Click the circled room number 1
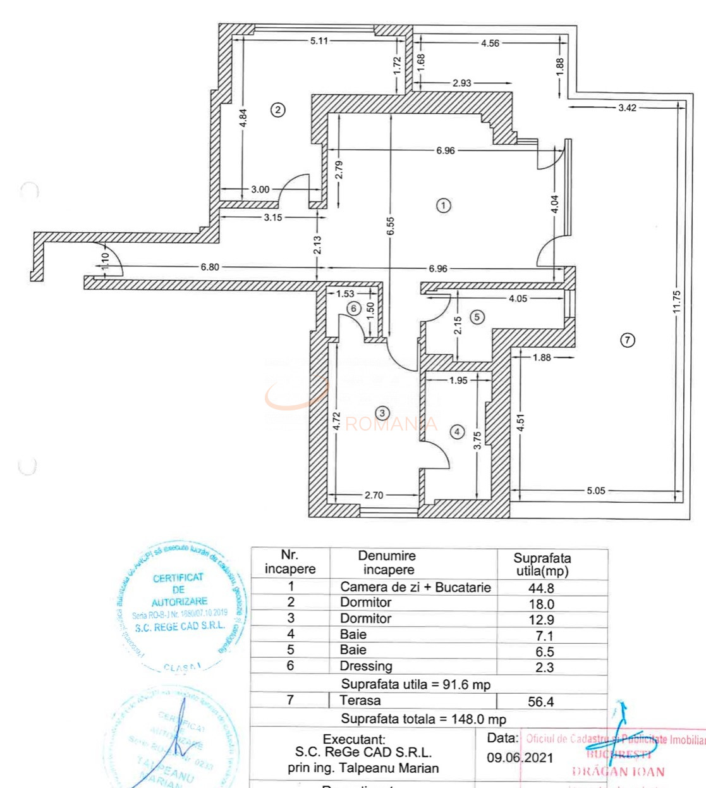[x=444, y=206]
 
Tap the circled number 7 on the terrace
[x=627, y=340]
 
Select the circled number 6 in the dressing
[x=353, y=309]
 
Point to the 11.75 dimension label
[x=676, y=302]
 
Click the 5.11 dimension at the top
[x=319, y=41]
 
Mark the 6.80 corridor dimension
[x=210, y=267]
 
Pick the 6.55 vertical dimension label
[x=390, y=226]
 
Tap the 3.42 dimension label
[x=627, y=108]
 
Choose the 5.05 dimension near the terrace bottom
[x=595, y=490]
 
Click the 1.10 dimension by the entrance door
[x=105, y=261]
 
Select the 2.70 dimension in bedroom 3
[x=374, y=495]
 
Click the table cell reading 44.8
[x=541, y=588]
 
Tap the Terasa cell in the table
[x=360, y=700]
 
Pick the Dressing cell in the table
[x=366, y=666]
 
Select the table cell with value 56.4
[x=541, y=701]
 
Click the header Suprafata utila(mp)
[x=542, y=564]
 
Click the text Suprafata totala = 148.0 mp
[x=423, y=719]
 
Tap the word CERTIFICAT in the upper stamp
[x=178, y=577]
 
